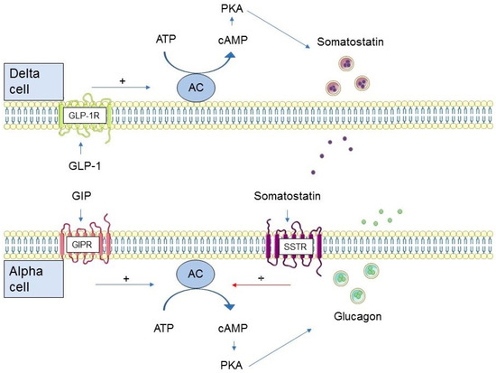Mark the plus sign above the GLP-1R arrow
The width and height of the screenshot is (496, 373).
click(122, 80)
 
